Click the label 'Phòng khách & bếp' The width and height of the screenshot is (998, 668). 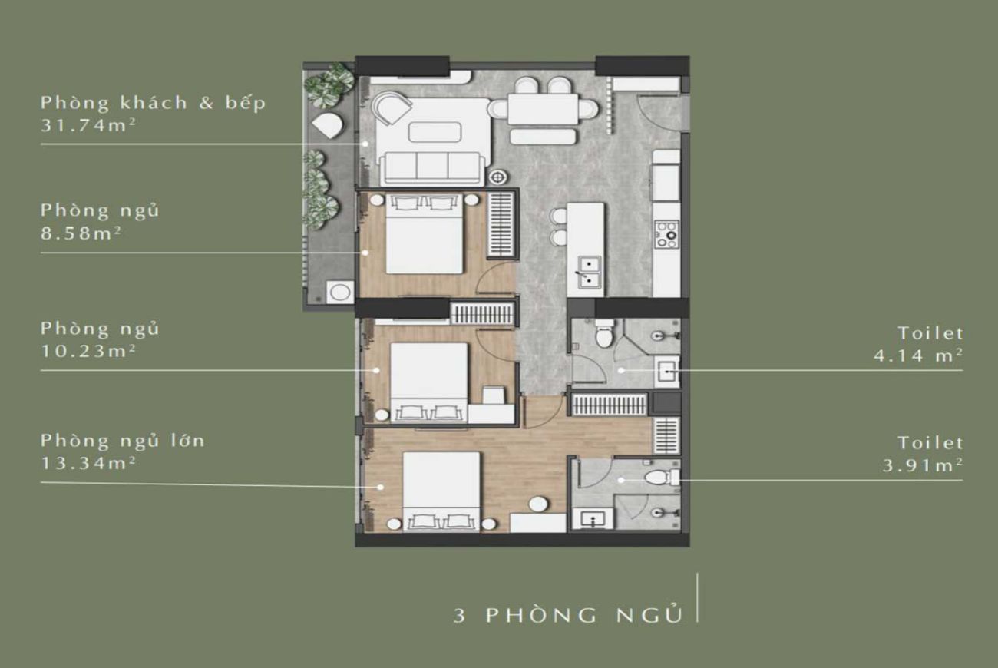click(x=153, y=103)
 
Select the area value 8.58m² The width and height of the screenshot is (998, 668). click(x=80, y=232)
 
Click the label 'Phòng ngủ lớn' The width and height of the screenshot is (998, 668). click(x=123, y=441)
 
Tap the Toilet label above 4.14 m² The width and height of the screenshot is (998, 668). click(x=930, y=333)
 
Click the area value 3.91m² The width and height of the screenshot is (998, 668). click(x=922, y=465)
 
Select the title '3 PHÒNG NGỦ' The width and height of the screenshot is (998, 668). click(x=567, y=615)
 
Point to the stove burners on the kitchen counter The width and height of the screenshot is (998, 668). click(x=666, y=233)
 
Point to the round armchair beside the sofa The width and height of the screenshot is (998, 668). click(x=392, y=108)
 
